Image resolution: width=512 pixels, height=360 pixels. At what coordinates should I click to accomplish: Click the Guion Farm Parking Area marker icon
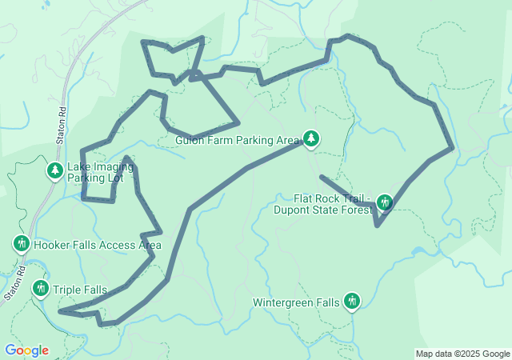(x=310, y=140)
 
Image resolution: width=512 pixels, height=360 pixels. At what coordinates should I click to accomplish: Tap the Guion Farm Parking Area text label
(x=238, y=141)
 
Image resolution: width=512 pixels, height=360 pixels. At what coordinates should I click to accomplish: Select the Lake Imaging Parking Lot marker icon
(x=54, y=171)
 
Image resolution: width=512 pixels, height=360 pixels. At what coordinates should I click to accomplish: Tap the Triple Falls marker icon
(x=40, y=288)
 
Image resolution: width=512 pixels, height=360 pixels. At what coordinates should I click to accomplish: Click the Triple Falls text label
(x=80, y=290)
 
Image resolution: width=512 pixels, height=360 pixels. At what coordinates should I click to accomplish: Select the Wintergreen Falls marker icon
(x=351, y=302)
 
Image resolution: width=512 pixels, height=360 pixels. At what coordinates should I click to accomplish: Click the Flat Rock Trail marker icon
(x=385, y=202)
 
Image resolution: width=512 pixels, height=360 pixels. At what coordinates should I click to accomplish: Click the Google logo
(x=26, y=350)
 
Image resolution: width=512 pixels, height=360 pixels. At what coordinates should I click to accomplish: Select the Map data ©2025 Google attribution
(x=462, y=354)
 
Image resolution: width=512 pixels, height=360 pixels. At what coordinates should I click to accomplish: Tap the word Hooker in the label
(x=52, y=246)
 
